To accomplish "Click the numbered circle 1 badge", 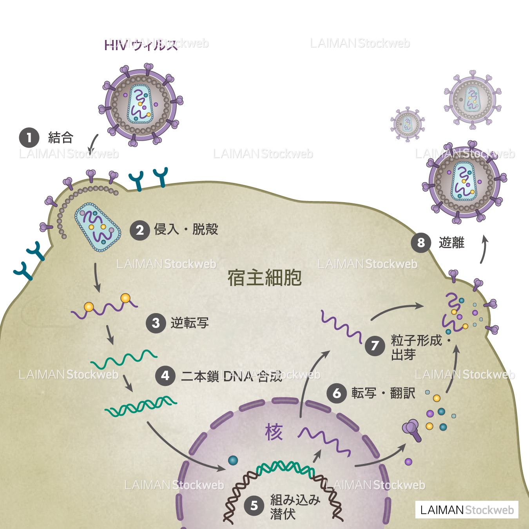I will (x=29, y=138).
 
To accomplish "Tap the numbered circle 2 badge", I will (x=140, y=230).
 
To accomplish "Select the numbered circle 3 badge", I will (x=156, y=323).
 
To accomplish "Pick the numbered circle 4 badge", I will (x=165, y=376).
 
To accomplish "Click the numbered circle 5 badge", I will (x=254, y=505).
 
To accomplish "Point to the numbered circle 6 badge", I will (x=337, y=393).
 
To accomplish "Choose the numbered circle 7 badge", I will (x=375, y=346).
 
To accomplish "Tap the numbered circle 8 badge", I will (x=421, y=243).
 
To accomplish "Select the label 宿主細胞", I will (x=264, y=278).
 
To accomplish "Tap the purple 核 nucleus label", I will (x=274, y=432).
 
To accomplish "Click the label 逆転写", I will (x=190, y=323).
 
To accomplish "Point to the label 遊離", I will (x=451, y=243).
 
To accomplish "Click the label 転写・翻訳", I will (x=383, y=393).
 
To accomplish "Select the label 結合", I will (x=61, y=138).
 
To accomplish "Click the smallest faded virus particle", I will (x=408, y=124).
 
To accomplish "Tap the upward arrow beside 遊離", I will (x=484, y=249).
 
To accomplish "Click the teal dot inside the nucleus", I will (x=233, y=460).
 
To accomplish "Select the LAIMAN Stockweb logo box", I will (x=467, y=510).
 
